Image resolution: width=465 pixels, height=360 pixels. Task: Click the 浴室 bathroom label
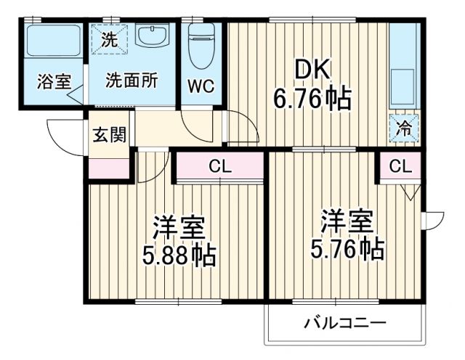[x=54, y=81]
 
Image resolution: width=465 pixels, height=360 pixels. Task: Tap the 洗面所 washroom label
[x=132, y=81]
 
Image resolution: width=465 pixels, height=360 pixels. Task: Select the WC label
[x=201, y=85]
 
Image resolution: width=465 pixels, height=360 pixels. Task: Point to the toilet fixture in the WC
[x=200, y=47]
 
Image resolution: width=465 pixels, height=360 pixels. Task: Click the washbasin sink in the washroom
[x=152, y=36]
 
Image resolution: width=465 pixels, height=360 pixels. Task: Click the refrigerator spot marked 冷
[x=402, y=128]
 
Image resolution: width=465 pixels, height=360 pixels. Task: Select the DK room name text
[x=312, y=70]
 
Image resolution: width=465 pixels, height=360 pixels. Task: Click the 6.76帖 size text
[x=312, y=97]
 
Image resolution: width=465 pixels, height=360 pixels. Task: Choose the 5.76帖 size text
[x=347, y=249]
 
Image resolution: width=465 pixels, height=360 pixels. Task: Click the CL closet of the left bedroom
[x=219, y=167]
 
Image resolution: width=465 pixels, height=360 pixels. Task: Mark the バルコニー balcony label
[x=345, y=322]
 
